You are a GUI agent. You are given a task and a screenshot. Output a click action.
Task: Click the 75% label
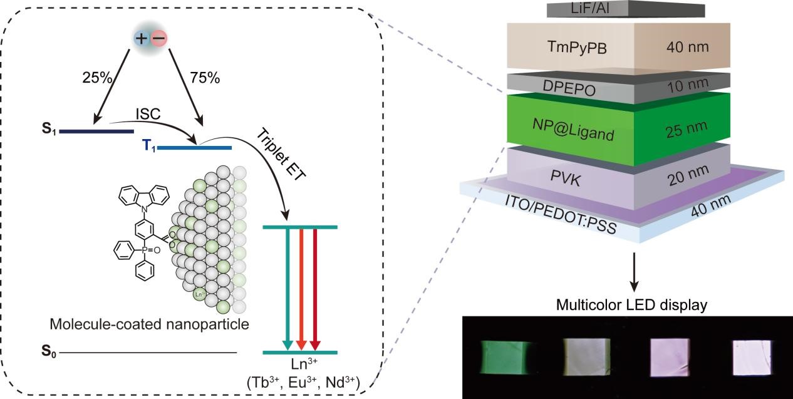(x=205, y=79)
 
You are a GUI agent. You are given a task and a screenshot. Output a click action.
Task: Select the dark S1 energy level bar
(x=96, y=132)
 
